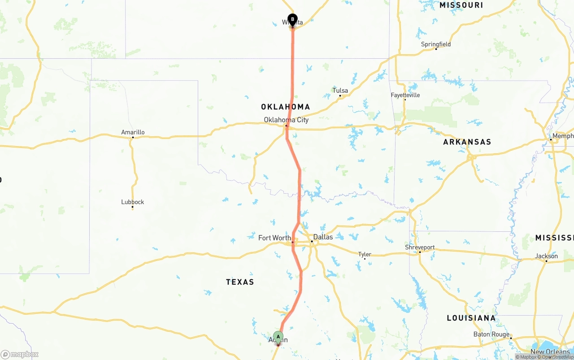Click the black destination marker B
click(x=292, y=20)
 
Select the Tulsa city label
click(x=340, y=91)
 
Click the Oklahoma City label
click(x=286, y=120)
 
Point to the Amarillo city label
click(x=133, y=132)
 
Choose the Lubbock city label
click(x=133, y=202)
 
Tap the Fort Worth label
click(x=274, y=238)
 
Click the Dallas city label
click(x=323, y=237)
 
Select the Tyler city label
click(x=365, y=254)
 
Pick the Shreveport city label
click(x=420, y=247)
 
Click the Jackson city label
click(x=546, y=256)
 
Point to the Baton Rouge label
click(x=491, y=334)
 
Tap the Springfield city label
click(x=436, y=44)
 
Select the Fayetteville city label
click(x=405, y=95)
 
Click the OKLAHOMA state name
click(x=286, y=107)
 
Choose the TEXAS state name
click(x=240, y=282)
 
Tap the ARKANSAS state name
click(x=467, y=142)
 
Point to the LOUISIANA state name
click(x=471, y=318)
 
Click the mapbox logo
click(x=19, y=354)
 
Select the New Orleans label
click(x=550, y=352)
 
